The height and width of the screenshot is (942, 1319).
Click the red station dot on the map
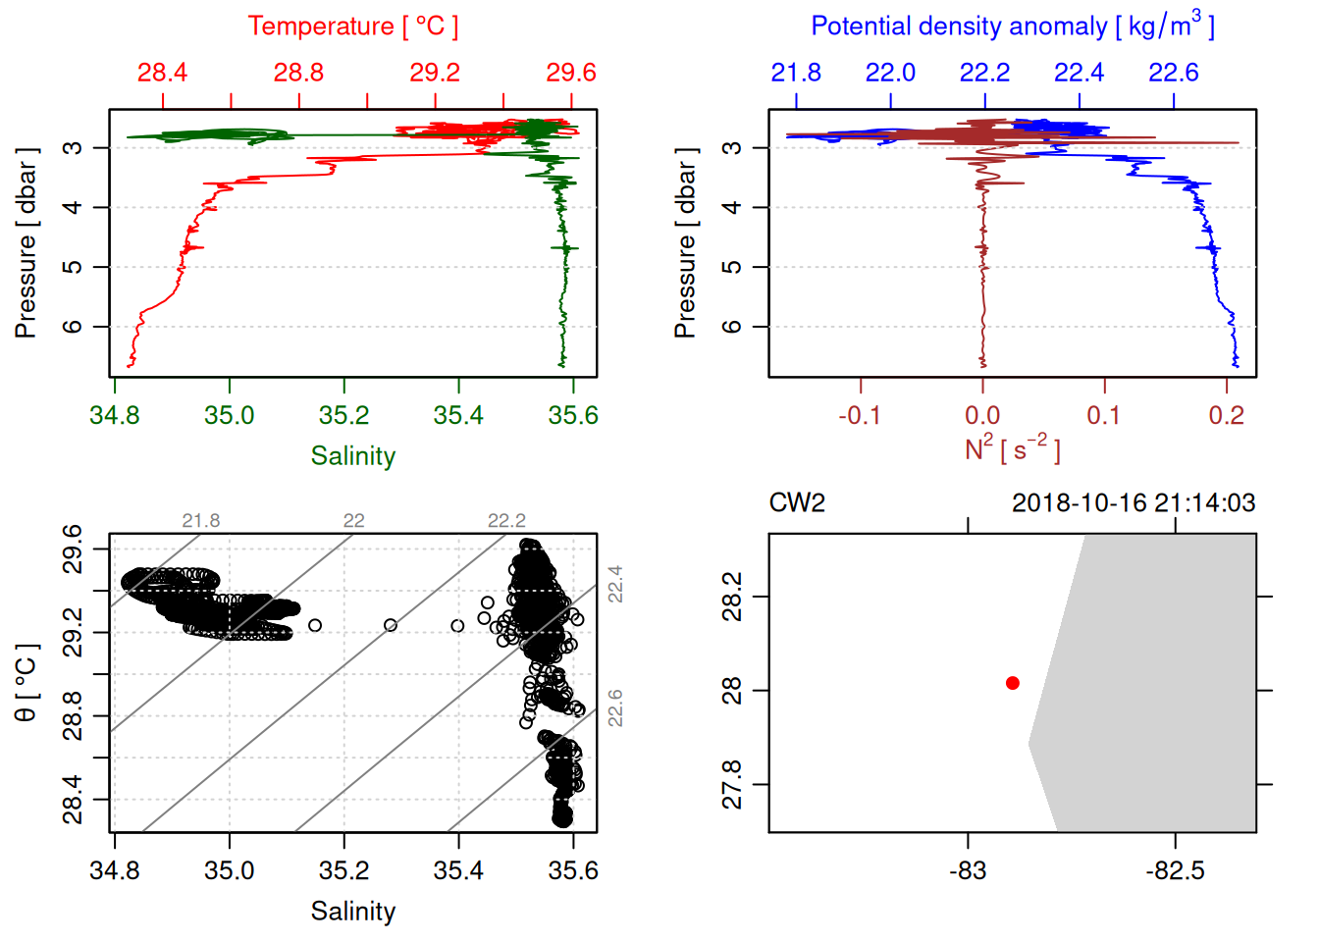1013,683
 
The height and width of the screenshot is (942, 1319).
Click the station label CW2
797,503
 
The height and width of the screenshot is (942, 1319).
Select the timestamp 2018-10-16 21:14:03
1134,503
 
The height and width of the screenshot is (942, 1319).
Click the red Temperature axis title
353,26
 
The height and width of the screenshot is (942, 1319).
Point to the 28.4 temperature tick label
162,73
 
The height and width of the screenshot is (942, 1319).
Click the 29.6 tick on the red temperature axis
571,73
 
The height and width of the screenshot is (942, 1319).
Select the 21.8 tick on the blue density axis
796,73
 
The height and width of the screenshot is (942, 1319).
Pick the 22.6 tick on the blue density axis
1174,73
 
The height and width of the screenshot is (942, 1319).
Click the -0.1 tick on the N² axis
860,415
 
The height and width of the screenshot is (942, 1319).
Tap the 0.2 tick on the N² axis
1227,415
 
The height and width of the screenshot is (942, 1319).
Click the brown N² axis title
1012,449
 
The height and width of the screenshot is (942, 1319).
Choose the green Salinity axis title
353,456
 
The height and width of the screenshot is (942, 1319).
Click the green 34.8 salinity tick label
115,415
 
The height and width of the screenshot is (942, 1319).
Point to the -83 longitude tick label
968,870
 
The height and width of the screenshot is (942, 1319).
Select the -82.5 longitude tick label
1175,870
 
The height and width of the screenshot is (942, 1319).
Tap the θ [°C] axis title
26,683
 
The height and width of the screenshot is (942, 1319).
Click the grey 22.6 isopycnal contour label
615,708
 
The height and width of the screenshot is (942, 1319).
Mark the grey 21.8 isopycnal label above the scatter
201,521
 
